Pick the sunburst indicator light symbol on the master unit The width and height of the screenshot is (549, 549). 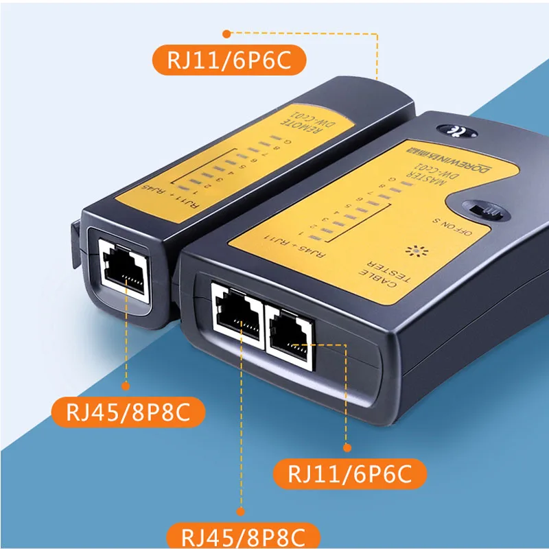(415, 250)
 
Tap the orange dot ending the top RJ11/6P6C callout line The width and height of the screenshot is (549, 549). (227, 32)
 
